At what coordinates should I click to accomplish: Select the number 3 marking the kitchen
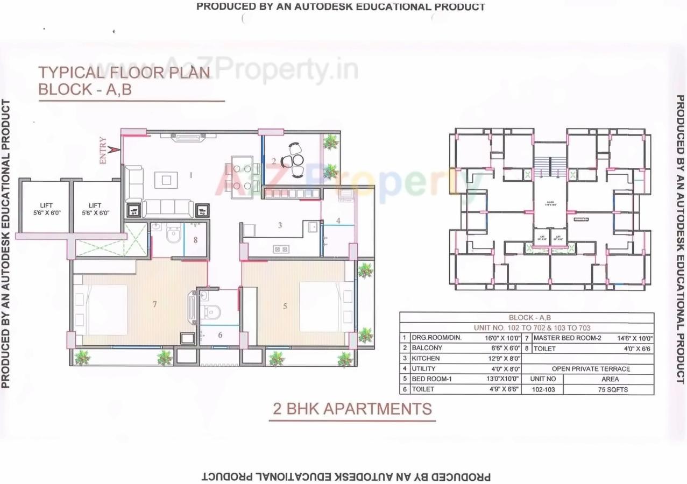(280, 225)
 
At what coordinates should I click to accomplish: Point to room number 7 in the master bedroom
(154, 304)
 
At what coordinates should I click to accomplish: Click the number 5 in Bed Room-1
(285, 306)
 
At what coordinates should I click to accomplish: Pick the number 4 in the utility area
(338, 220)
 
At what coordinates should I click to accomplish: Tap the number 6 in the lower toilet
(220, 334)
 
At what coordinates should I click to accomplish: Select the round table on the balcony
(297, 160)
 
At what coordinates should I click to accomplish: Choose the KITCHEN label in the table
(426, 358)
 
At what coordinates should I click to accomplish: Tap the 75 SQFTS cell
(608, 389)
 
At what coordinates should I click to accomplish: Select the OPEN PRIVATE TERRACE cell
(591, 369)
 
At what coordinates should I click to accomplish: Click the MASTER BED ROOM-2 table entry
(567, 338)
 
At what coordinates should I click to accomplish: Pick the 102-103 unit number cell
(542, 389)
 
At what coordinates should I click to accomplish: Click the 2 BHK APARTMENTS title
(352, 409)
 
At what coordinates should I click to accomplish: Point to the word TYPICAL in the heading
(70, 73)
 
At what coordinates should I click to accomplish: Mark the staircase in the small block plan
(550, 162)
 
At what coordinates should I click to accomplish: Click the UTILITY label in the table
(424, 369)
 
